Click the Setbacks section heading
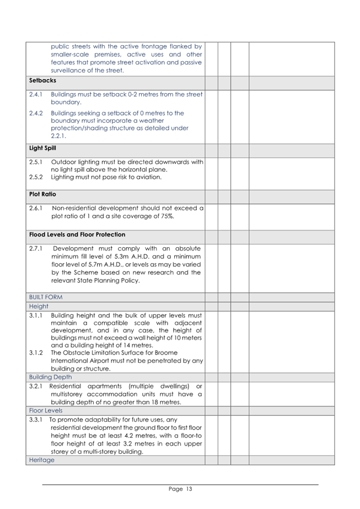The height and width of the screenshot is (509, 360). coord(42,80)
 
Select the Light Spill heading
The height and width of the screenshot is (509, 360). coord(42,148)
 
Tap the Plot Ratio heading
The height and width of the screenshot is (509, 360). coord(42,194)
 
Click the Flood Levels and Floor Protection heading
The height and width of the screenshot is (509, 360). coord(77,235)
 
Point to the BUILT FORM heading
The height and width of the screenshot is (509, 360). coord(46,297)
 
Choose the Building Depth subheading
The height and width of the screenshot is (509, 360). coord(50,377)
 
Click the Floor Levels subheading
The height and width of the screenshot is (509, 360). coord(46,410)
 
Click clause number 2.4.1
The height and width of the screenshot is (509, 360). coord(36,95)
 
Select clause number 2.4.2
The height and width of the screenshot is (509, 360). coord(36,113)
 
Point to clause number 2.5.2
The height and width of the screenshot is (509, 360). coord(36,177)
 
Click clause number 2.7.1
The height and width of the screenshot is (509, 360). coord(36,248)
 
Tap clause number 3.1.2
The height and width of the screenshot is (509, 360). coord(36,353)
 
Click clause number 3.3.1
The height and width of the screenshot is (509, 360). coord(36,420)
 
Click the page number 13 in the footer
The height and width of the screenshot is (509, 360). coord(188,489)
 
